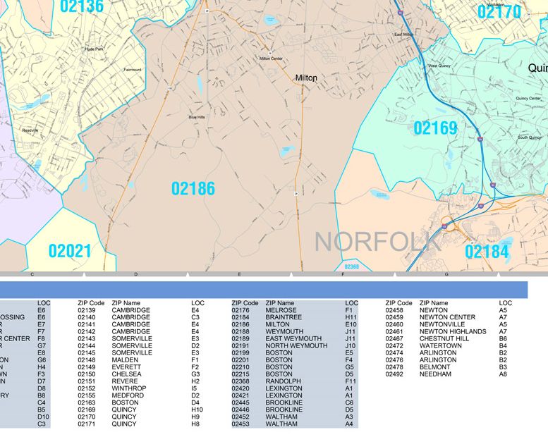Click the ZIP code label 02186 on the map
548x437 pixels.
point(193,188)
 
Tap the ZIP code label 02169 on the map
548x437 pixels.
point(435,128)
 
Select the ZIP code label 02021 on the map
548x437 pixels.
point(70,250)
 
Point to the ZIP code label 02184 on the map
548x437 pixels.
point(487,251)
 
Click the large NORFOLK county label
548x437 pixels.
point(377,241)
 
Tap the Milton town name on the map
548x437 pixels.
point(306,78)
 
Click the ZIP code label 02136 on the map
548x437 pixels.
point(82,7)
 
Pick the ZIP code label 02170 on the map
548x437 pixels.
point(499,11)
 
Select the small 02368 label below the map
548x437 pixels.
point(351,266)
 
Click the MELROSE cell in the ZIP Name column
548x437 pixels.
point(281,310)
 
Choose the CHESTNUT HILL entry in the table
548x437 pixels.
point(444,338)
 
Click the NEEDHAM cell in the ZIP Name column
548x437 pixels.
point(434,374)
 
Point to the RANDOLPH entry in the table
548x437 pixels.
point(284,381)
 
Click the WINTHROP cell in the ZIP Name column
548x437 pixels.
point(128,388)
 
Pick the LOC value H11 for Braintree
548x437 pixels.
point(351,317)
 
